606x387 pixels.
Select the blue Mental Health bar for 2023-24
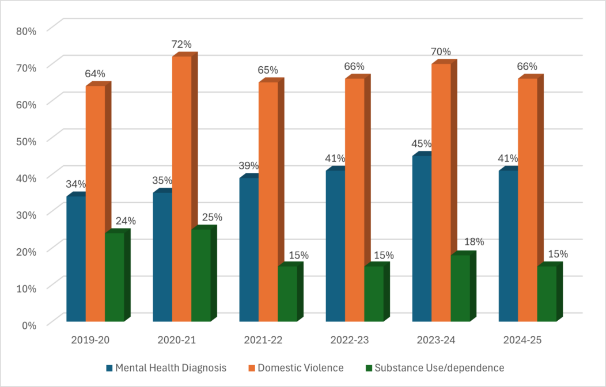(422, 238)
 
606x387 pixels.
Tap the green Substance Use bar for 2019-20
(114, 277)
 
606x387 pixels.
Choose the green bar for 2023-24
(460, 288)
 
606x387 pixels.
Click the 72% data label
(182, 44)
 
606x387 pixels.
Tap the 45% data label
(421, 144)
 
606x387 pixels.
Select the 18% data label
(474, 242)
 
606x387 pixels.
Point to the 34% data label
(75, 184)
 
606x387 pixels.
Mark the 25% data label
(212, 217)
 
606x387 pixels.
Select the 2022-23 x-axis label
(349, 340)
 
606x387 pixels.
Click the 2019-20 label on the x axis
(90, 340)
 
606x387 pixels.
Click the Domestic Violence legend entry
(300, 367)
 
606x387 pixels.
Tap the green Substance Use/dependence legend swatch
(369, 367)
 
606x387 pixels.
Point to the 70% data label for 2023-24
(441, 52)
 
